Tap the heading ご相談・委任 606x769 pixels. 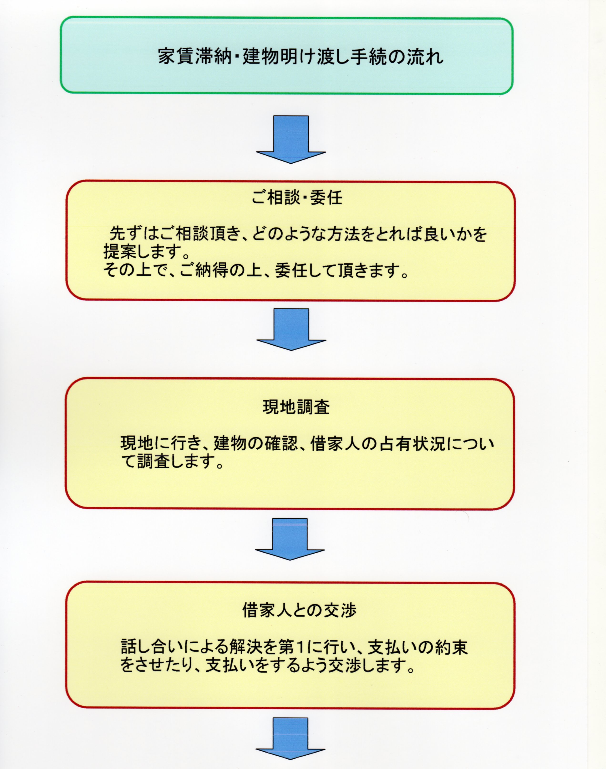tap(297, 197)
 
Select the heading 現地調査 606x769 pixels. tap(296, 407)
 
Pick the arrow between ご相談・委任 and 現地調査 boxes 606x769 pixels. tap(291, 329)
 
